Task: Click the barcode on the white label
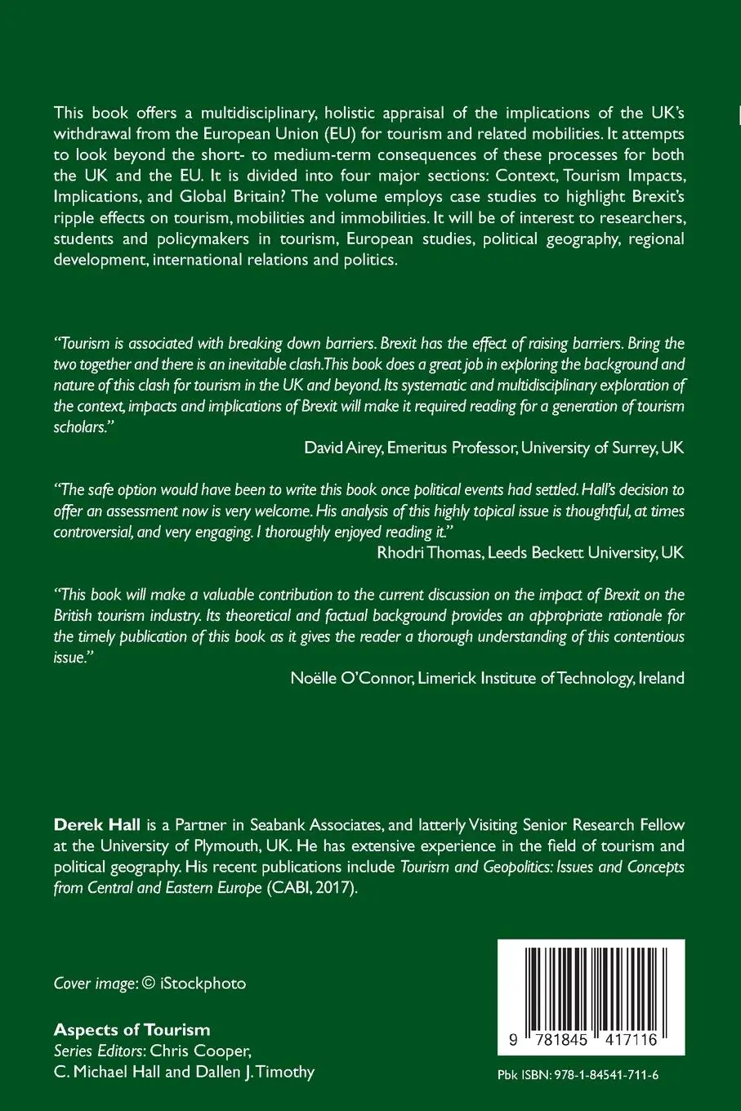tap(591, 989)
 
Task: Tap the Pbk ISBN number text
tap(578, 1074)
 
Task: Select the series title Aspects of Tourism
tap(132, 1029)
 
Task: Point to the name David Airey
tap(341, 448)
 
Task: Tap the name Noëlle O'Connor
tap(350, 678)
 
